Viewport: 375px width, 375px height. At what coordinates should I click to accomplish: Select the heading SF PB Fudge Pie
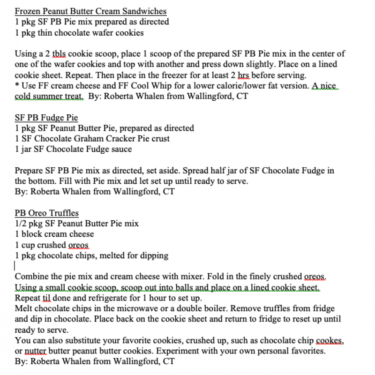click(46, 118)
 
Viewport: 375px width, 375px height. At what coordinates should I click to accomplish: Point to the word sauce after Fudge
click(120, 150)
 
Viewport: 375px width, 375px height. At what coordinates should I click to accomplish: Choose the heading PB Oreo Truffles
click(46, 213)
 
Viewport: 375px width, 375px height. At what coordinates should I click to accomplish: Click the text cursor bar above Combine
click(15, 266)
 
